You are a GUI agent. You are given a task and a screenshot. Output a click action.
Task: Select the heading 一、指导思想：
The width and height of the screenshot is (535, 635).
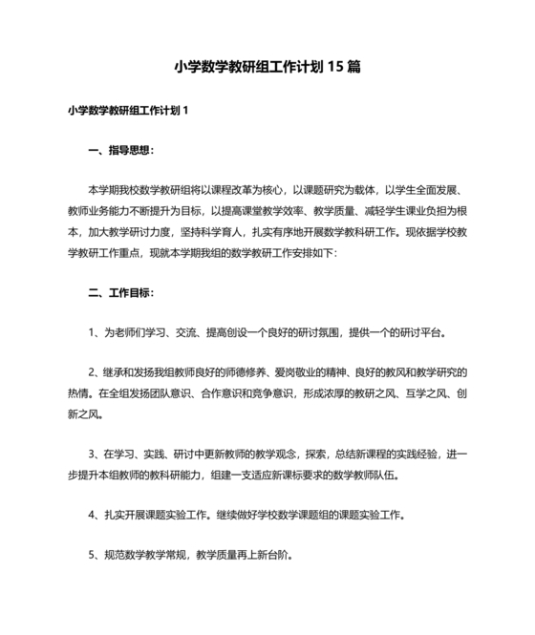coord(119,150)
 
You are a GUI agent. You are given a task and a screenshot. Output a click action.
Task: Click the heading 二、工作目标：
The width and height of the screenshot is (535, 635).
coord(119,291)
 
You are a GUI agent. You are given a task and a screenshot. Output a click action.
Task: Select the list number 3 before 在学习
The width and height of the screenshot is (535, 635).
coord(90,454)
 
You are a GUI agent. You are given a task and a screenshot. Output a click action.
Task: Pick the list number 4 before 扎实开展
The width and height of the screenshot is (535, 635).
coord(90,515)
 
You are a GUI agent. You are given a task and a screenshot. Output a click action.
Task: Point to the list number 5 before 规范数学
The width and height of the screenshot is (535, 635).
coord(90,555)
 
